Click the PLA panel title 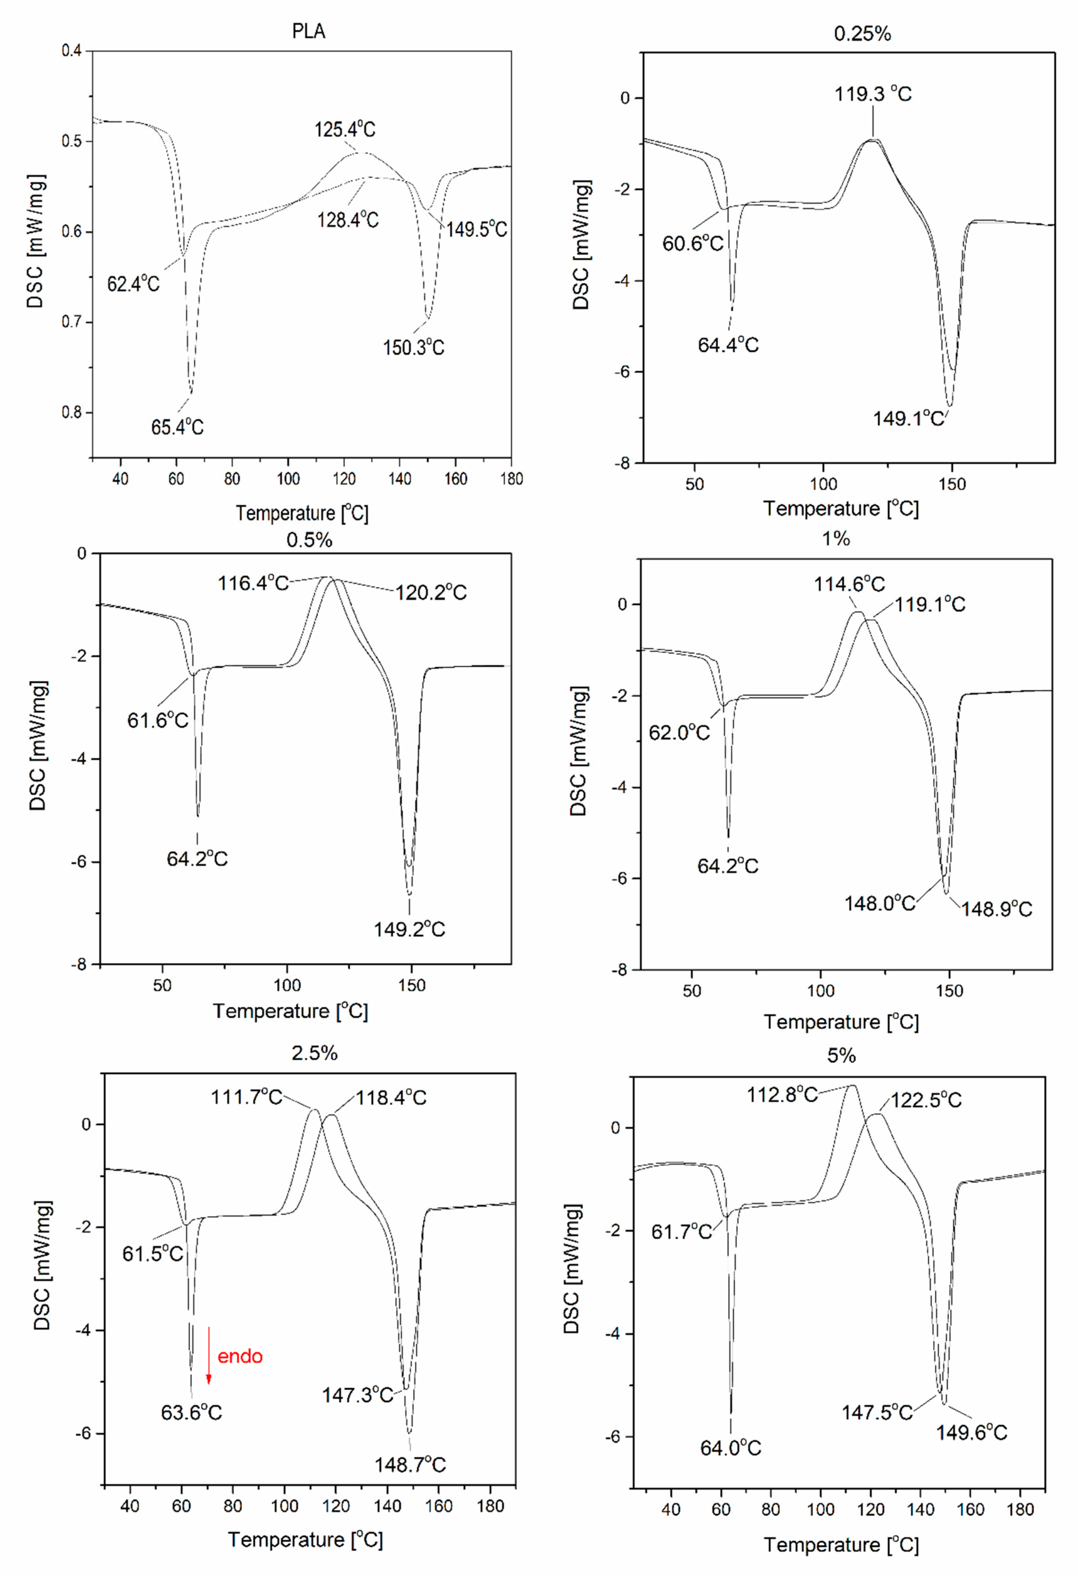coord(309,32)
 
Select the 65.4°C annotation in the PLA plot coord(177,427)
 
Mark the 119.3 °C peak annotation coord(873,94)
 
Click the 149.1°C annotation coord(908,418)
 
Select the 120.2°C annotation coord(431,592)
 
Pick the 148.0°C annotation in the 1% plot coord(879,903)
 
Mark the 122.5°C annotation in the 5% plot coord(926,1100)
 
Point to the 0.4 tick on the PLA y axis coord(72,51)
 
